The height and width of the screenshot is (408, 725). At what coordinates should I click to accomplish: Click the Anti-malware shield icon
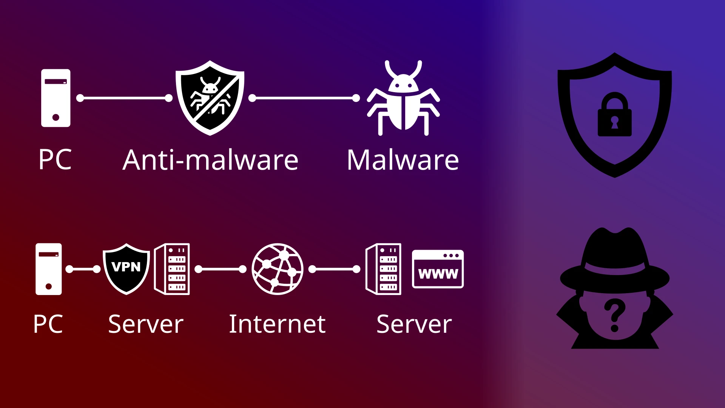[210, 97]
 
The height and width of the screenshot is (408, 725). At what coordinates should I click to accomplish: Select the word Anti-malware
[210, 160]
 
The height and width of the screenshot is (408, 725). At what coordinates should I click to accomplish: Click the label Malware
[403, 160]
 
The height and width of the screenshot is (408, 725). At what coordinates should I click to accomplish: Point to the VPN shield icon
[126, 269]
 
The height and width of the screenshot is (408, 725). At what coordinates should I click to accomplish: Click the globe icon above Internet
[278, 269]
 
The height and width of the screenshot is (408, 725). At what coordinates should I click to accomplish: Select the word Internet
[277, 324]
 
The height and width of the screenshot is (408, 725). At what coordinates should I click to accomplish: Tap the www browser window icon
[438, 269]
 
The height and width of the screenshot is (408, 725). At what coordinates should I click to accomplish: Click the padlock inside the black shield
[614, 115]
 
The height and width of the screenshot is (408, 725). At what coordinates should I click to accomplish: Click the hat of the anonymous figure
[614, 261]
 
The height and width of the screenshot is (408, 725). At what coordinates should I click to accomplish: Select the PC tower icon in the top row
[56, 98]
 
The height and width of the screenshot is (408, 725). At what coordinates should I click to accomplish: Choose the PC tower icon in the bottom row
[49, 269]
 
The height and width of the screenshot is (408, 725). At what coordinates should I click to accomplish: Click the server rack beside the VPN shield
[172, 269]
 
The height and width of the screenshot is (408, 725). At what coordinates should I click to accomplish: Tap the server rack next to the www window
[384, 269]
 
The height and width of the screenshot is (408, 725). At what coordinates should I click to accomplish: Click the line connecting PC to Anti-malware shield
[124, 98]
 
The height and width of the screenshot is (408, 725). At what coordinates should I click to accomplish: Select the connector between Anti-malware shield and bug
[304, 98]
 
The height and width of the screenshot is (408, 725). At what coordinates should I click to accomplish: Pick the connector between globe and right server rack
[334, 269]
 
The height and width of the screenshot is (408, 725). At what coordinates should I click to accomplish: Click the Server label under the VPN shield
[146, 324]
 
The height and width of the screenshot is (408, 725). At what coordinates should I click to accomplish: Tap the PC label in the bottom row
[48, 324]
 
